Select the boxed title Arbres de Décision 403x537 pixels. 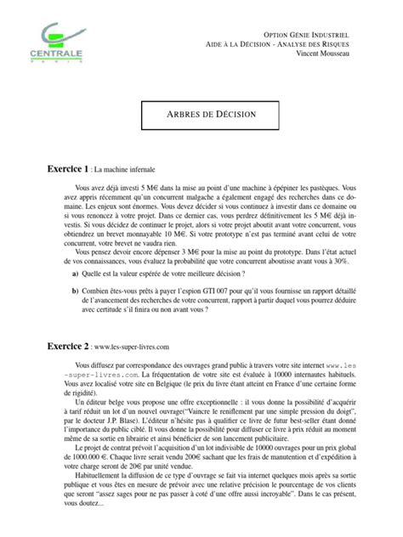click(201, 113)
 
